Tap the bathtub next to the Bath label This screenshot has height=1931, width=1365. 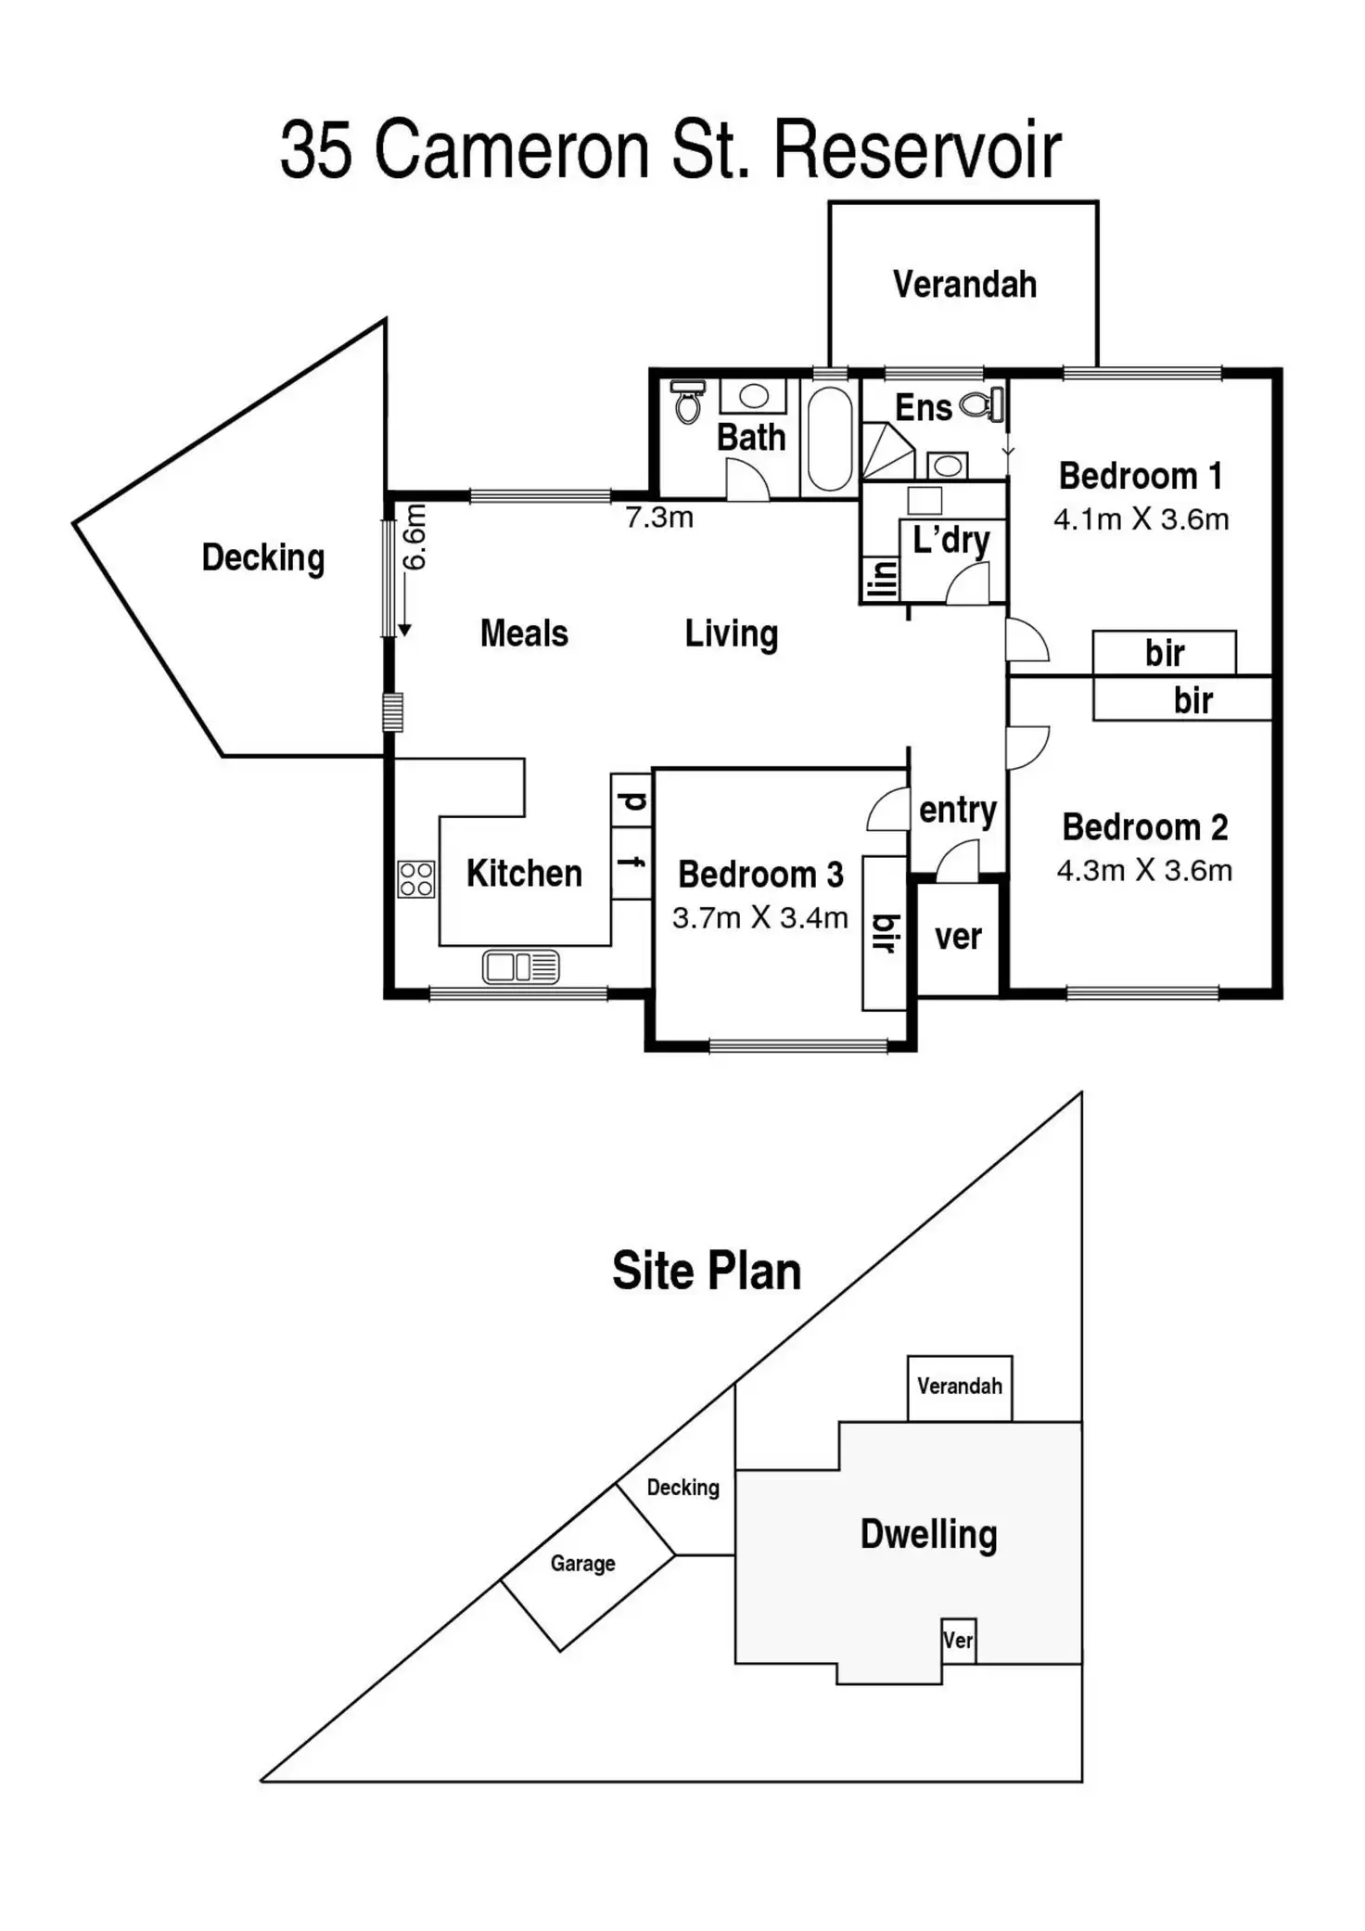tap(829, 439)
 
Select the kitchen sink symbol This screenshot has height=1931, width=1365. tap(520, 966)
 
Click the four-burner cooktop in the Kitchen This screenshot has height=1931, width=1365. tap(415, 879)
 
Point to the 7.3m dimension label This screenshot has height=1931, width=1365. tap(659, 518)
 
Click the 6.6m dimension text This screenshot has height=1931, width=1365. tap(415, 537)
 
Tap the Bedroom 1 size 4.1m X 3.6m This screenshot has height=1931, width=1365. tap(1141, 519)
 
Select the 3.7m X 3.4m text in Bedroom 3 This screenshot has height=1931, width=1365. tap(759, 918)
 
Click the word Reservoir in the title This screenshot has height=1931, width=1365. tap(916, 150)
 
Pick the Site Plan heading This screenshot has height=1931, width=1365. tap(707, 1271)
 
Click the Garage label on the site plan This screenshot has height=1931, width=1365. tap(582, 1564)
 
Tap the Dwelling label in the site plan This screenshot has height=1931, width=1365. tap(928, 1534)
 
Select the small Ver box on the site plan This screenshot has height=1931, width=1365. tap(958, 1640)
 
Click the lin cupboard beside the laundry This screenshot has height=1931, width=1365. tap(880, 580)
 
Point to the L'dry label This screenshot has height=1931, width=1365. tap(950, 540)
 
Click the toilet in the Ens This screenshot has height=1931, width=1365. tap(981, 404)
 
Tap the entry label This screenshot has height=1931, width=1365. tap(957, 811)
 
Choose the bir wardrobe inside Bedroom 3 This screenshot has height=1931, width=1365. tap(885, 933)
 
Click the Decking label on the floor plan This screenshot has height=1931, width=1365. tap(263, 557)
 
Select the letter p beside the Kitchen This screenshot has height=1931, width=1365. tap(631, 800)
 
